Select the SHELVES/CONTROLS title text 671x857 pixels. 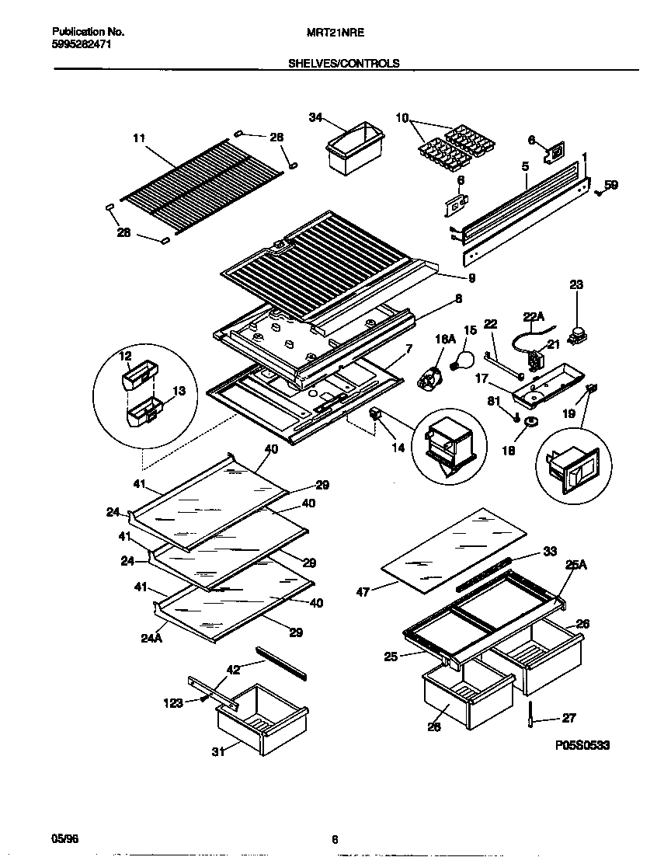point(343,64)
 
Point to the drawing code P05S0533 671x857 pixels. point(582,745)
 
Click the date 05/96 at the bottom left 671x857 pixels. point(64,838)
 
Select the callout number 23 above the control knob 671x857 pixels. point(575,285)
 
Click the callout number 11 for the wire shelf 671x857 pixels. point(139,139)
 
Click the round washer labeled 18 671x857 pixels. point(530,421)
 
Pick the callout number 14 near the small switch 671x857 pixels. point(398,448)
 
